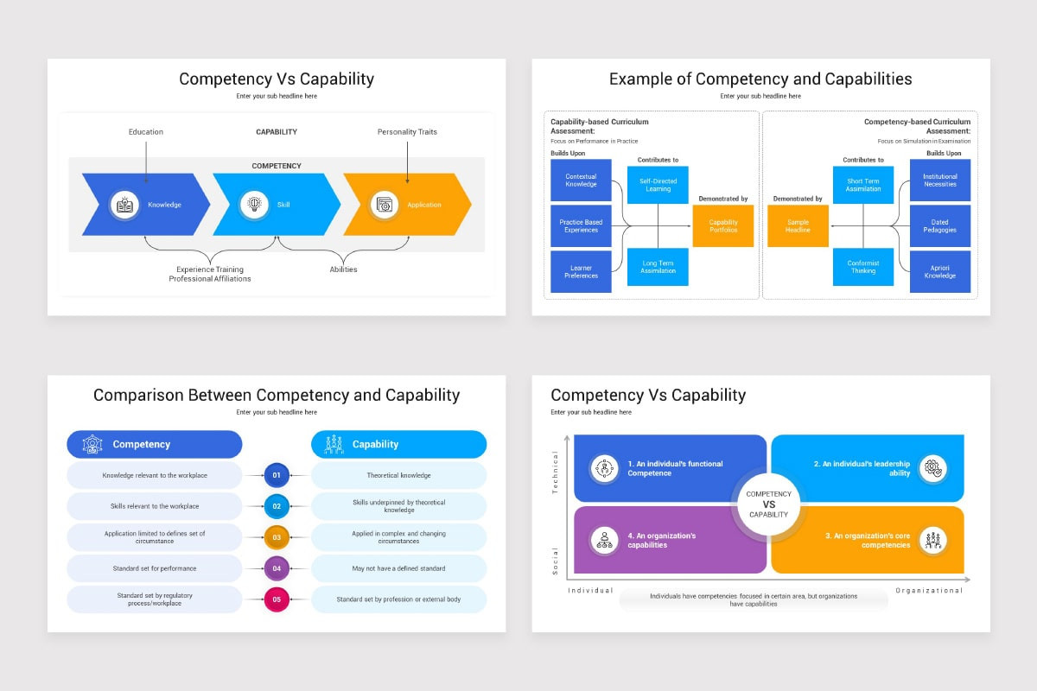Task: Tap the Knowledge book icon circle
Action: coord(125,205)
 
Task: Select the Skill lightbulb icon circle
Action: coord(254,205)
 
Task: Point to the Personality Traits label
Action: coord(407,132)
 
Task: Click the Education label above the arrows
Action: coord(146,132)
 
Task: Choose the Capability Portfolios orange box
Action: coord(723,226)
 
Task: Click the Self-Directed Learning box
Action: coord(658,185)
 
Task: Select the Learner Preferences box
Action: coord(581,272)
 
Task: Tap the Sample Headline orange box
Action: coord(798,226)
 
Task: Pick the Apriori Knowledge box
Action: coord(940,272)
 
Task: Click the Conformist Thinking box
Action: coord(862,267)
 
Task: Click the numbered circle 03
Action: coord(277,537)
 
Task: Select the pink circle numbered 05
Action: coord(277,599)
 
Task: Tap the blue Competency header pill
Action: coord(155,444)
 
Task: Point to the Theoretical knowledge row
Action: coord(398,475)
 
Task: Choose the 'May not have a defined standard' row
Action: coord(398,568)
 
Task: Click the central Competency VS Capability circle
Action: coord(768,504)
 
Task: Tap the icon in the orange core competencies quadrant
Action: coord(932,541)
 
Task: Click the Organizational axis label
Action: coord(929,591)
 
